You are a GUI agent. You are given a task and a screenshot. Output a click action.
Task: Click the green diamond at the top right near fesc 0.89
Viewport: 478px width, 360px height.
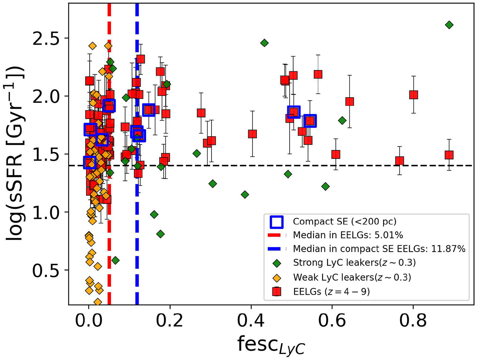(x=449, y=25)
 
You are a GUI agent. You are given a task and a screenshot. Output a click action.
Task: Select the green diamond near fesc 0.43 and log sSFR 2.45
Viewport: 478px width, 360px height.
(x=264, y=43)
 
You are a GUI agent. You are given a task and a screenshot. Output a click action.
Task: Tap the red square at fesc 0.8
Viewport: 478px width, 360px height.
(x=413, y=95)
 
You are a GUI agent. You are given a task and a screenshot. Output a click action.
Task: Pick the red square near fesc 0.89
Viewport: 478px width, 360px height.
(x=449, y=155)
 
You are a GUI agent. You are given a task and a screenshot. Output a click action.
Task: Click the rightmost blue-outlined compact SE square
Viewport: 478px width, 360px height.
(x=310, y=121)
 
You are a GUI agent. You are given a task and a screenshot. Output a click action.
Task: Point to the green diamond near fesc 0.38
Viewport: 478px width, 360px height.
(x=245, y=194)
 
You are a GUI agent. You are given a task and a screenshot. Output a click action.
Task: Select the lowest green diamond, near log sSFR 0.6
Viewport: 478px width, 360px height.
(x=116, y=260)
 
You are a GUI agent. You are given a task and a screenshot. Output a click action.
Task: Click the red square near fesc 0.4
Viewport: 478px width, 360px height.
(x=252, y=134)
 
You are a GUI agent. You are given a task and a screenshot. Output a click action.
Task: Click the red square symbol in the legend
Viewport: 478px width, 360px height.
(x=276, y=292)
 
